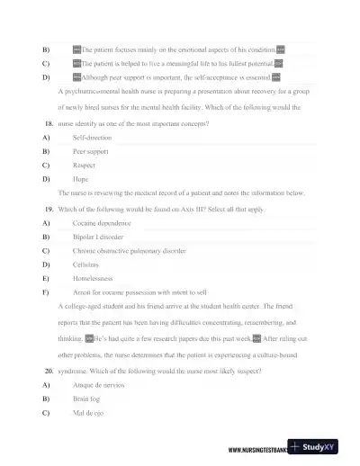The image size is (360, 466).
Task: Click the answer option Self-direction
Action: [x=92, y=138]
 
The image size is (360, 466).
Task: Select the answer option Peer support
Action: [x=90, y=151]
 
